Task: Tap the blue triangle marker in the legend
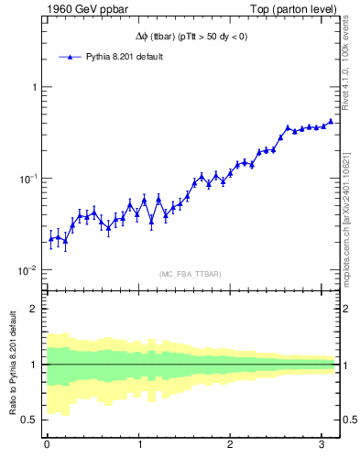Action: (71, 57)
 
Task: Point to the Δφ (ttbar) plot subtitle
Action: (189, 37)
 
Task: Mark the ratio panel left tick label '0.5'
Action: (28, 420)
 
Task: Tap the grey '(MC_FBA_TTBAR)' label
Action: (189, 273)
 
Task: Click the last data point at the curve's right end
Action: (331, 121)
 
